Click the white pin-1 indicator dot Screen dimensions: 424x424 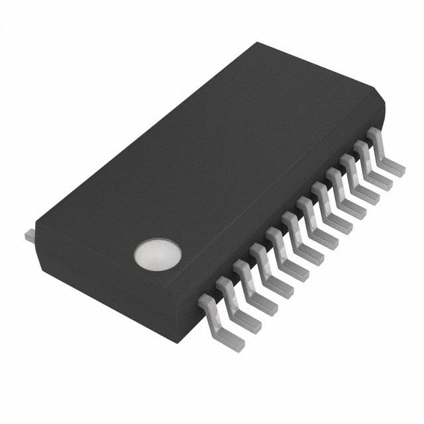click(157, 254)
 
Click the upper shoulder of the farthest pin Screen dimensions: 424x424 click(376, 136)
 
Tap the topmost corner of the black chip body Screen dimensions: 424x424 click(260, 43)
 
